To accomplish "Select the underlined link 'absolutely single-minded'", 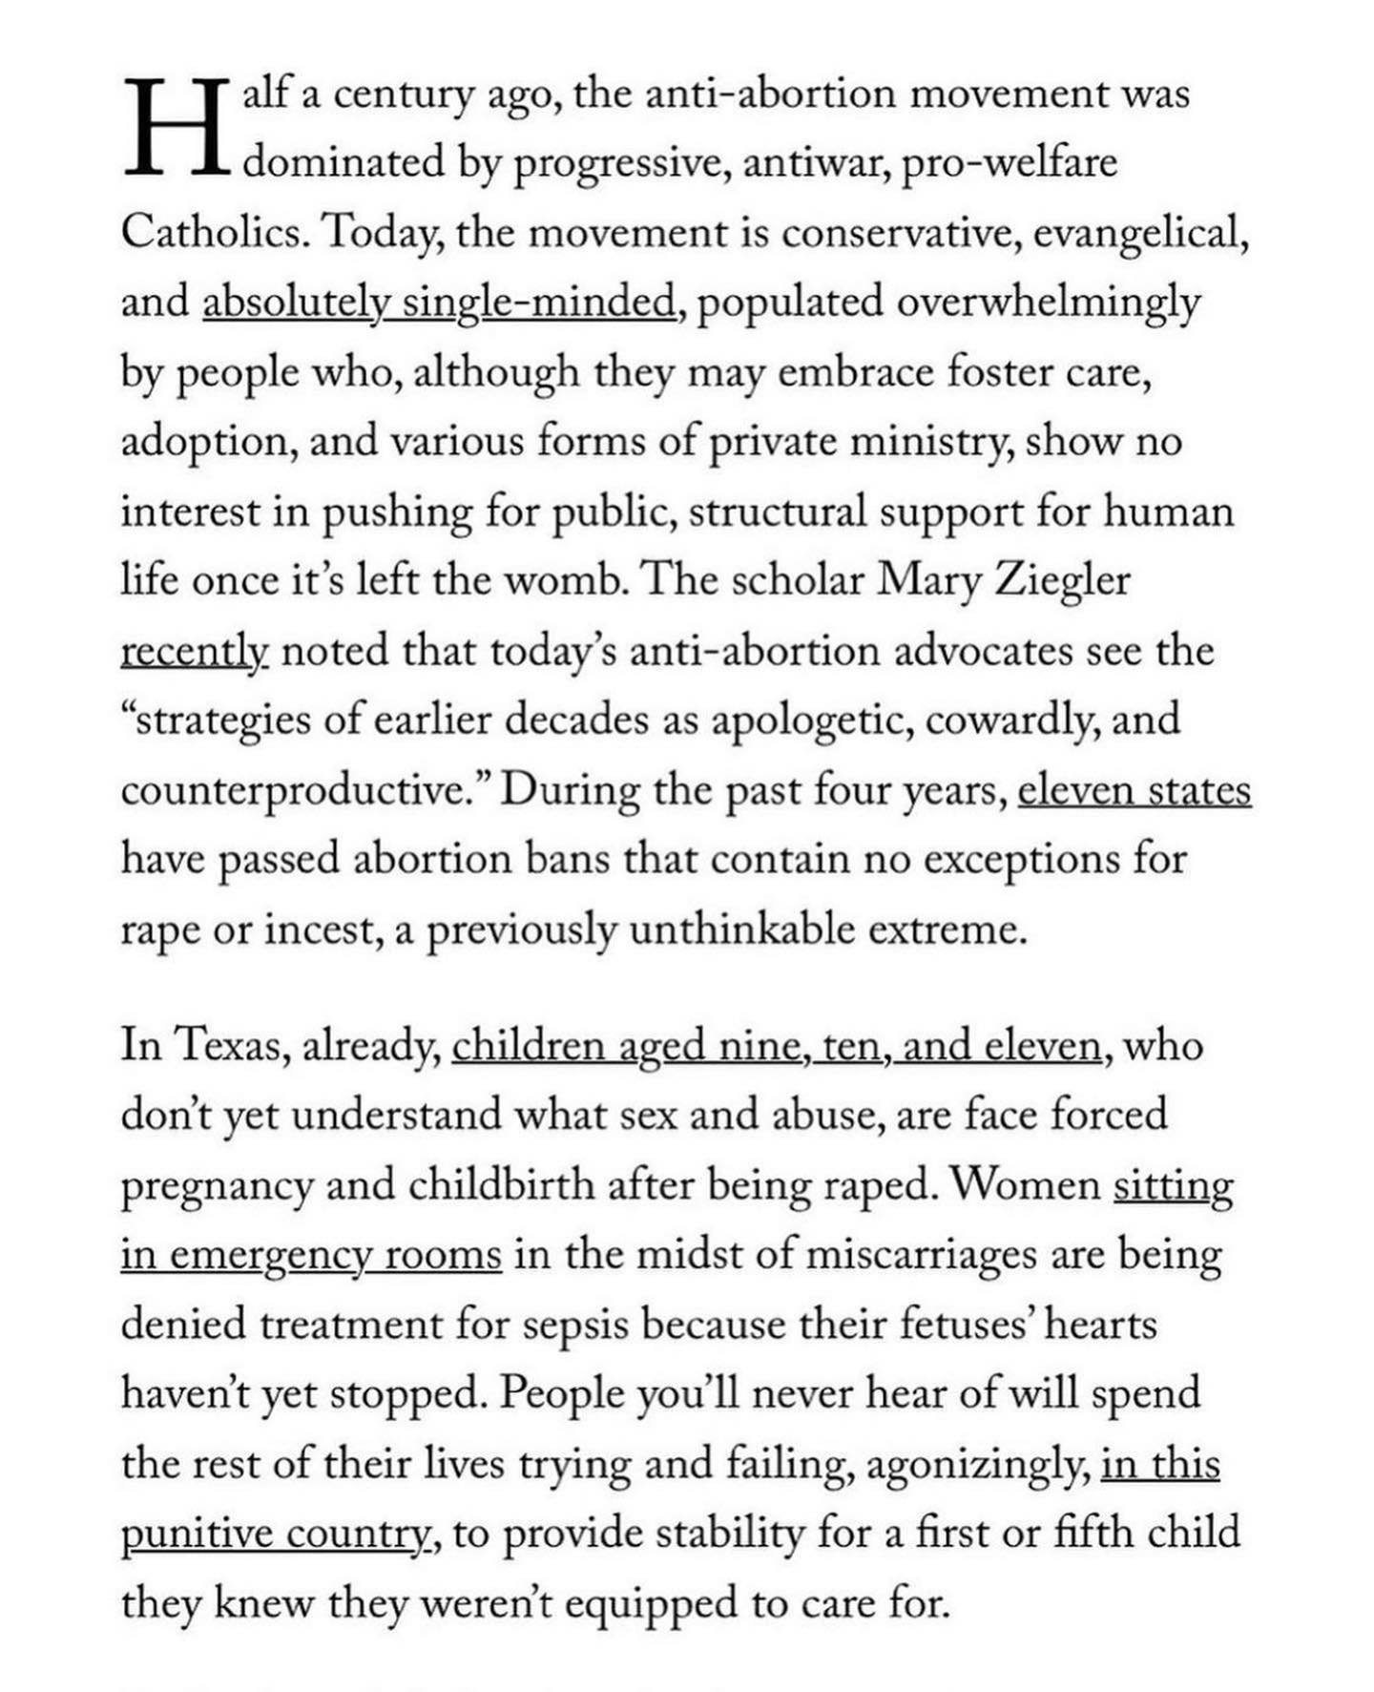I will click(438, 303).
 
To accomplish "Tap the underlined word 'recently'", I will click(194, 652).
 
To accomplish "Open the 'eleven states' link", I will click(1134, 791).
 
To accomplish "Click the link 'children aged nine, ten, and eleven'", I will click(777, 1047).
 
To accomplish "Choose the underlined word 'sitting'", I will click(1173, 1186).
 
